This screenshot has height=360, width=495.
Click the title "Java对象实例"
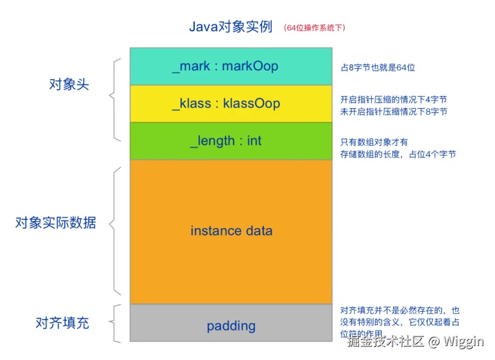coord(231,27)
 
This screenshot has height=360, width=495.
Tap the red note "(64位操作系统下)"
coord(314,28)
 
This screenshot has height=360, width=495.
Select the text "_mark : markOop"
coord(225,66)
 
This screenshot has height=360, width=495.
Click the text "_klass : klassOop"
coord(226,103)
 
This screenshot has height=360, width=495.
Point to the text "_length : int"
coord(226,141)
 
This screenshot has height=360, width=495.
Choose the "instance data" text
coord(231,231)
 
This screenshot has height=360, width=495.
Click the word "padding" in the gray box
coord(231,326)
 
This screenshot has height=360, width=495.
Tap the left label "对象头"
coord(69,85)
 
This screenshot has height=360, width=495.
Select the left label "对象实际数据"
coord(55,223)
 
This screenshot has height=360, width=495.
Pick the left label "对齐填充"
coord(62,323)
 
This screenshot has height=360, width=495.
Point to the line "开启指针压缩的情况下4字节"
coord(394,100)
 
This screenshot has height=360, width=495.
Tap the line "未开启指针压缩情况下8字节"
coord(394,112)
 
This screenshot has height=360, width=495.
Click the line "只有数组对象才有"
coord(374,142)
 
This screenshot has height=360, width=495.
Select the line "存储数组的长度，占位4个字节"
coord(398,154)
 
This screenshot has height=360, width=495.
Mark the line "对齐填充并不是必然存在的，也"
coord(400,311)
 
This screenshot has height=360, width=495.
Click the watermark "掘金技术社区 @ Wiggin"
coord(415,341)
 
